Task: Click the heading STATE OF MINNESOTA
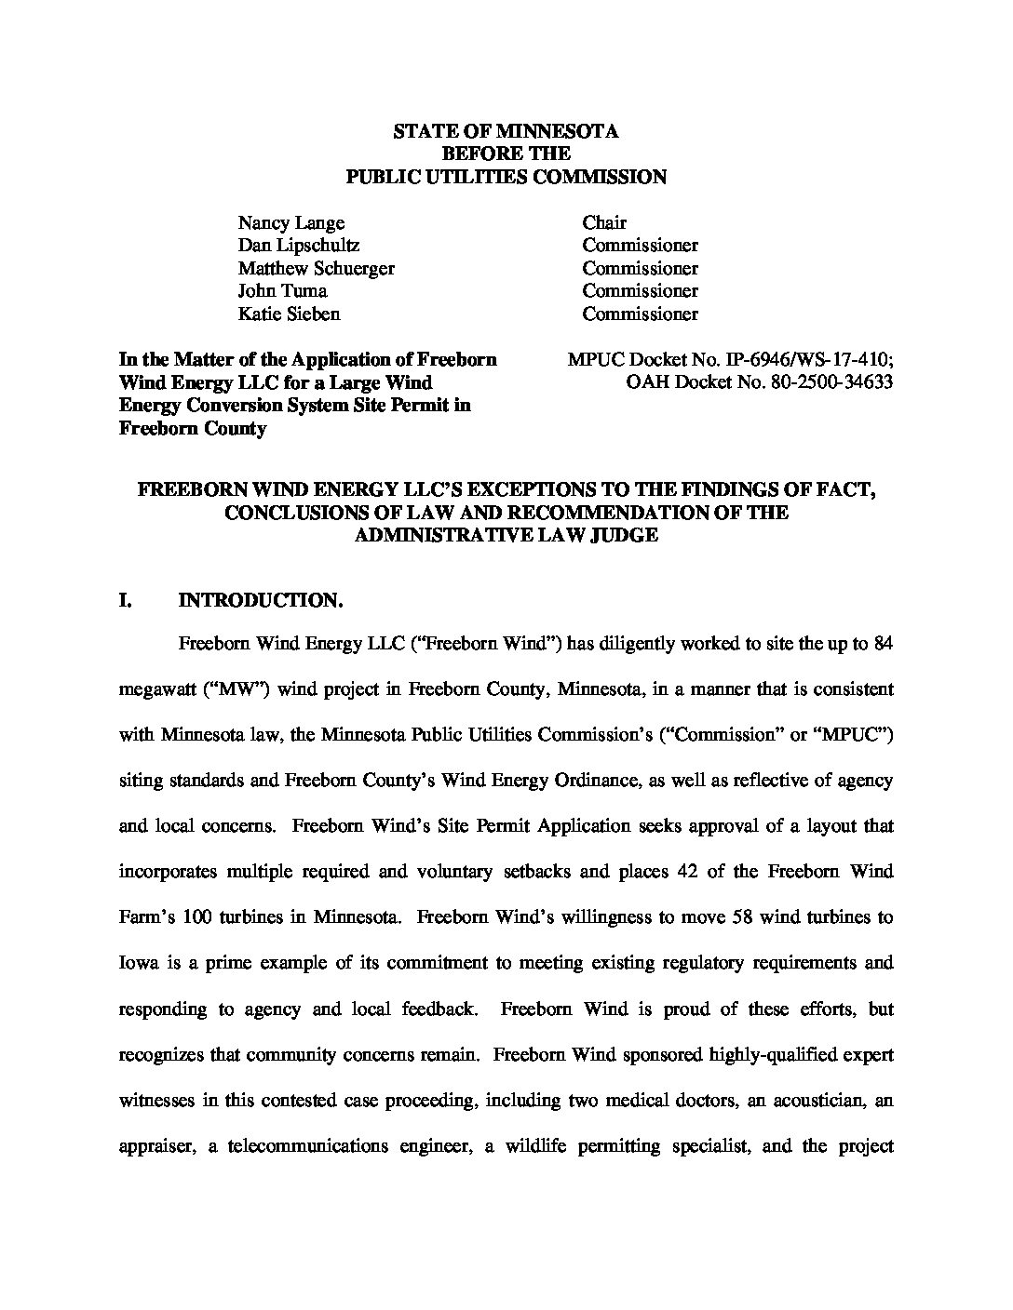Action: [x=506, y=131]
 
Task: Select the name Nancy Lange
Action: [x=291, y=222]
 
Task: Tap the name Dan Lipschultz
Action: [x=299, y=246]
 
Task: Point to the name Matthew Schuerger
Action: [x=317, y=268]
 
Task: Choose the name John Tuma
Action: [x=282, y=291]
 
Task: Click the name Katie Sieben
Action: [x=290, y=314]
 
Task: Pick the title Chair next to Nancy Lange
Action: [x=604, y=222]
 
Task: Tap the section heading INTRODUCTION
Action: [x=262, y=600]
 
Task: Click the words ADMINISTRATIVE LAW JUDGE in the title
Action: [x=506, y=535]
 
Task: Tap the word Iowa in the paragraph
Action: [x=139, y=963]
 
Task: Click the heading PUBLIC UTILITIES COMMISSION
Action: [x=506, y=177]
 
